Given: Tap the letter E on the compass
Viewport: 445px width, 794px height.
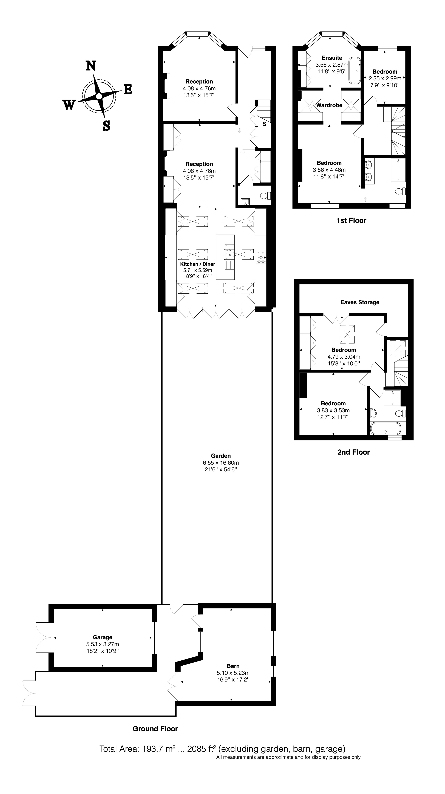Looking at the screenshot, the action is [x=128, y=90].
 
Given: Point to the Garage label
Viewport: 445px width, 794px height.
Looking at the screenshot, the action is [x=103, y=637].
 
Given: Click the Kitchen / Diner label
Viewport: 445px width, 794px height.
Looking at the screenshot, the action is [x=197, y=264].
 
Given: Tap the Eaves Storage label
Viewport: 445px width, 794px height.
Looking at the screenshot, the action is [x=360, y=302].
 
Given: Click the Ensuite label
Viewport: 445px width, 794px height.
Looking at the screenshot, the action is [x=332, y=58].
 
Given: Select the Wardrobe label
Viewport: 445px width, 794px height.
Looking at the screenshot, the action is [x=329, y=105].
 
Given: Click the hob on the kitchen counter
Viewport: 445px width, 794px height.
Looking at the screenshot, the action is [x=261, y=257].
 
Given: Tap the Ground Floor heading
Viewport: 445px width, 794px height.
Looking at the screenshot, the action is [x=155, y=729].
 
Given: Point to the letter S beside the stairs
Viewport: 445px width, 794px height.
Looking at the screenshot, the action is [x=265, y=124].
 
